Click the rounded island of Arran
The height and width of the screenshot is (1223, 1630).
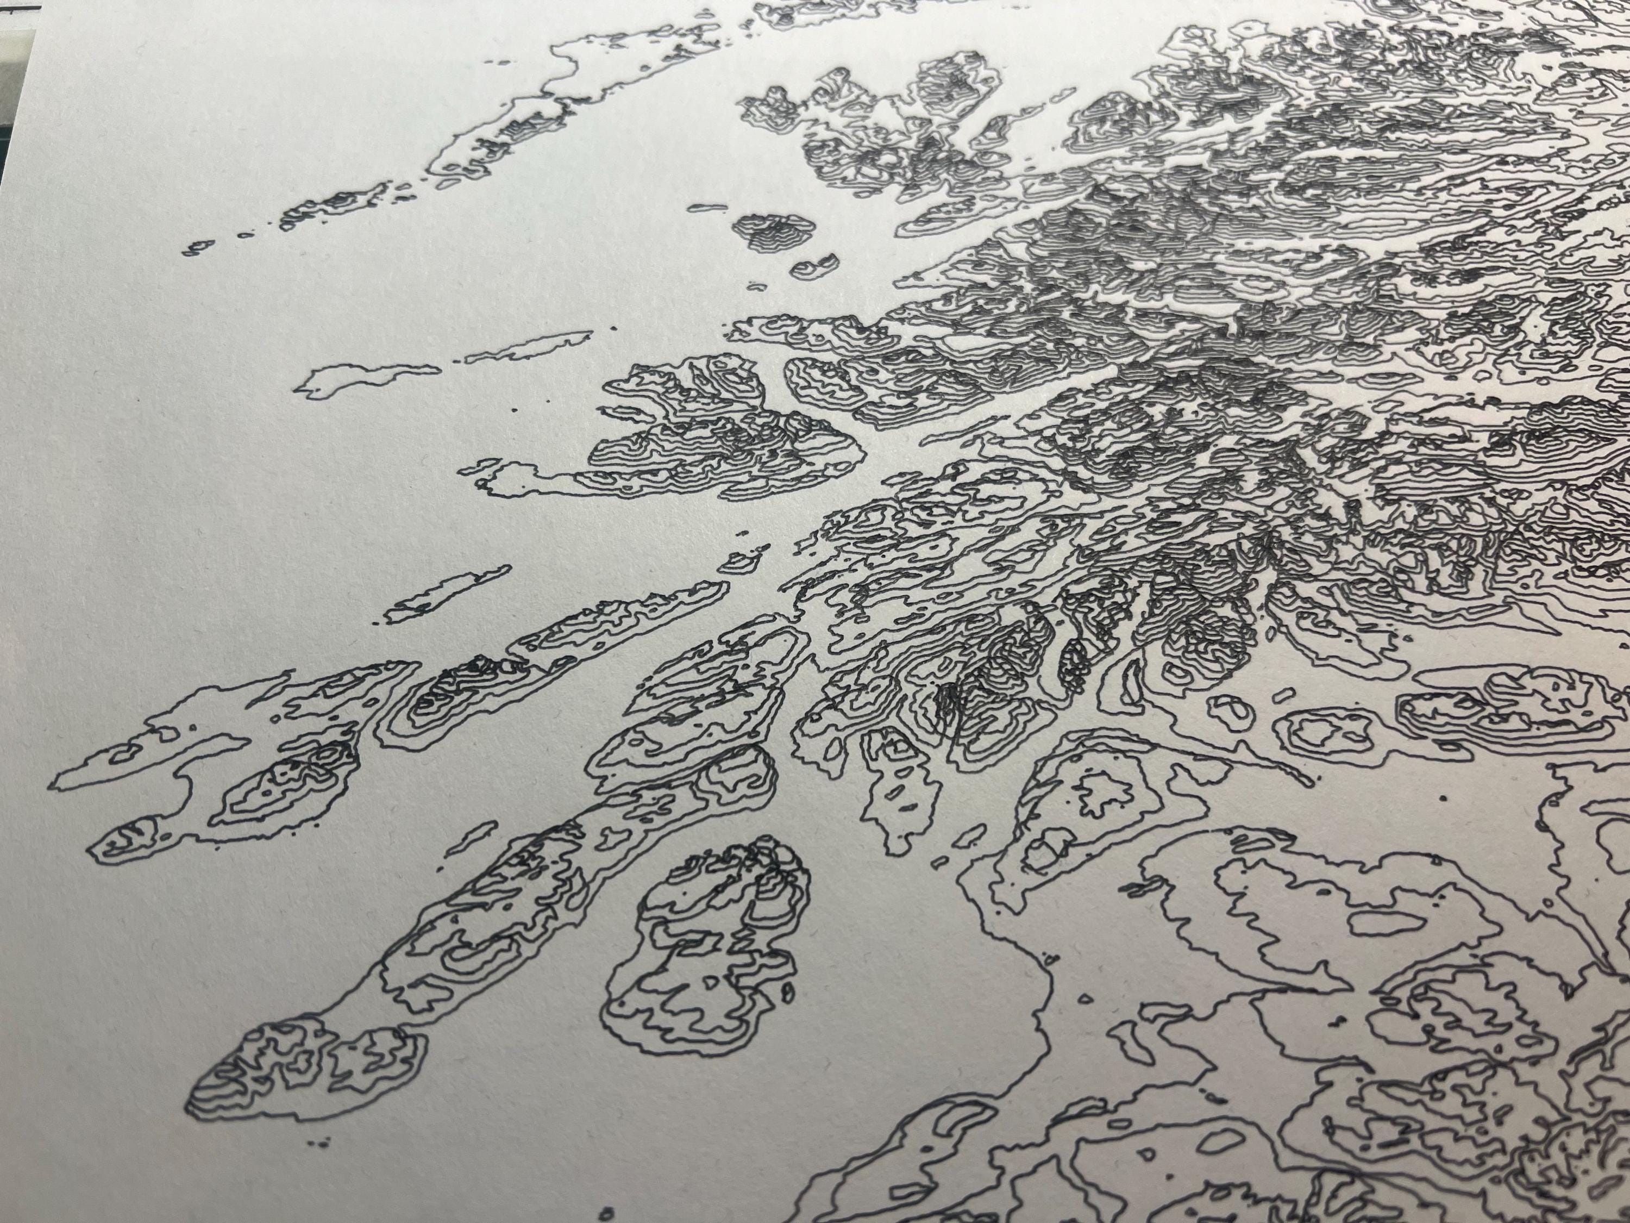(707, 951)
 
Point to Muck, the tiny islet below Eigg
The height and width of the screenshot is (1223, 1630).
(757, 285)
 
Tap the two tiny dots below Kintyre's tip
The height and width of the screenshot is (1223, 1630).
(318, 1164)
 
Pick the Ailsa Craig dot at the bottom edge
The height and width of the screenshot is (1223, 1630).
(607, 1213)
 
